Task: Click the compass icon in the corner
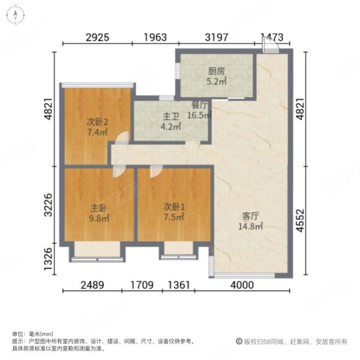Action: pyautogui.click(x=16, y=14)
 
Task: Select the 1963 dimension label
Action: pyautogui.click(x=155, y=38)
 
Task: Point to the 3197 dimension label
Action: pyautogui.click(x=217, y=38)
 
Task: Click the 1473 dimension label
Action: pyautogui.click(x=272, y=38)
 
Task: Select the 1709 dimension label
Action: pyautogui.click(x=142, y=286)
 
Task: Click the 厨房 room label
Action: pyautogui.click(x=217, y=71)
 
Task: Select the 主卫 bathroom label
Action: pyautogui.click(x=171, y=116)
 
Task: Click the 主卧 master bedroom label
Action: pyautogui.click(x=99, y=208)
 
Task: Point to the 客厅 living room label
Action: pyautogui.click(x=251, y=216)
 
